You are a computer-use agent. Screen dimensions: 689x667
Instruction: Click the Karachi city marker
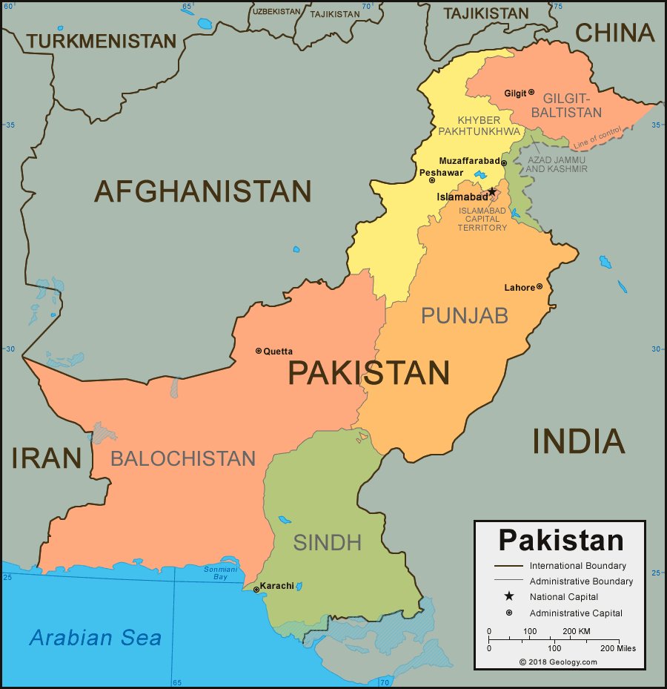[256, 590]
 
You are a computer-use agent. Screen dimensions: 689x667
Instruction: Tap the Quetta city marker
[259, 351]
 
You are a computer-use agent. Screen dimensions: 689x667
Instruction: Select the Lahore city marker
[539, 286]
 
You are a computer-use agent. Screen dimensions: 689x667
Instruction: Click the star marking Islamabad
[492, 191]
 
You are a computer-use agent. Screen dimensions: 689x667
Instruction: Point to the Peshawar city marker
[432, 179]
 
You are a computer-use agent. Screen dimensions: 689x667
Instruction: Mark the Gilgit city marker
[531, 93]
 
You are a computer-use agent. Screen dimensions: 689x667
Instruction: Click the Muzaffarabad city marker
[504, 163]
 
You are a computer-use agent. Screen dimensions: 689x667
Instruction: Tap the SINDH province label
[327, 543]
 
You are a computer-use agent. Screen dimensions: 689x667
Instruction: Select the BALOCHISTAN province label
[182, 458]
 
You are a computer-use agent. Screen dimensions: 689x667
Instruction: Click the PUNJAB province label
[465, 315]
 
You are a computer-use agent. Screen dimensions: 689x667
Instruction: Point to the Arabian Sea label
[95, 638]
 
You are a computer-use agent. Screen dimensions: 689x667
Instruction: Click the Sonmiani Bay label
[216, 573]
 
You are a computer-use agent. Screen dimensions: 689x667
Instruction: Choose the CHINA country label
[615, 33]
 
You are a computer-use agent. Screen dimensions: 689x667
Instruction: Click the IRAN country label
[46, 458]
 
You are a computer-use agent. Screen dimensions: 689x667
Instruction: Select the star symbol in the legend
[509, 596]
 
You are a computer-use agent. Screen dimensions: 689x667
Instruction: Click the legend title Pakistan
[560, 540]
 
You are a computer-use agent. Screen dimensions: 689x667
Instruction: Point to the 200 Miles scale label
[617, 648]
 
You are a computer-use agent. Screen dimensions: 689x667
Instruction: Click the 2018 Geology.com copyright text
[557, 662]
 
